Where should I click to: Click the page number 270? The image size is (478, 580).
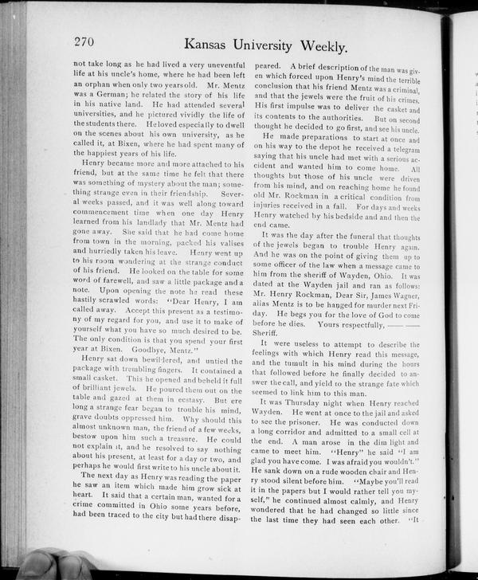point(84,42)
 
